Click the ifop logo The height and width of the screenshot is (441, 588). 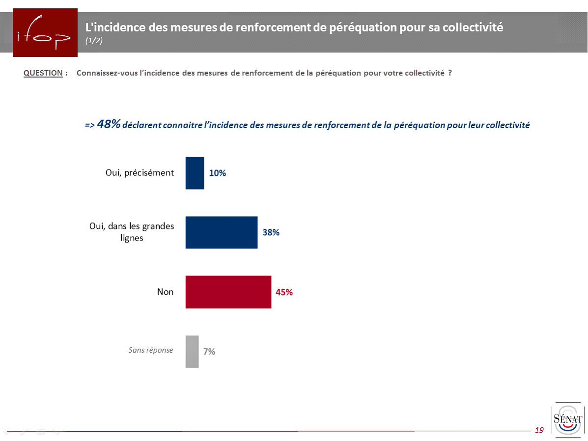coord(45,32)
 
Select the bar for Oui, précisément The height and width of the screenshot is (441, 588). coord(195,173)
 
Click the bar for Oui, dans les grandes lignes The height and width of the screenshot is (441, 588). coord(222,232)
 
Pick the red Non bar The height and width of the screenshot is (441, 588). coord(228,292)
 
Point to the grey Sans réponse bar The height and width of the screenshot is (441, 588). coord(192,351)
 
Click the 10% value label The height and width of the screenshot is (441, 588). coord(218,173)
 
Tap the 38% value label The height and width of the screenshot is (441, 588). coord(271,232)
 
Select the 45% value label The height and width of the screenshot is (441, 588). coord(284,292)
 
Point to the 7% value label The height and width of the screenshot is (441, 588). coord(209,351)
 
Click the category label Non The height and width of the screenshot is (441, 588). coord(165,292)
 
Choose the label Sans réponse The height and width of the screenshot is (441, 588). coord(151,350)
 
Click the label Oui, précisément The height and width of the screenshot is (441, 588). coord(140,172)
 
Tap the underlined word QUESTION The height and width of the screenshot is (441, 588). coord(43,73)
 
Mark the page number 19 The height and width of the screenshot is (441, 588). coord(539,430)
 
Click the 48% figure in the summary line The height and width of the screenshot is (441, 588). coord(109,124)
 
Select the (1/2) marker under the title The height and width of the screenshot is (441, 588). coord(94,41)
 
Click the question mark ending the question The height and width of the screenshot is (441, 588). coord(449,73)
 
